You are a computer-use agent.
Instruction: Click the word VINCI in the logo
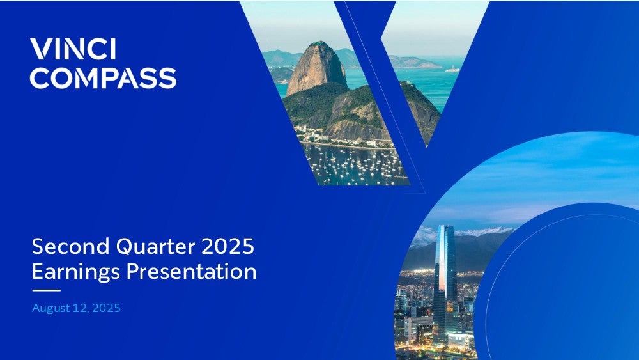73,49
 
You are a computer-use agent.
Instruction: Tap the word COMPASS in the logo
103,78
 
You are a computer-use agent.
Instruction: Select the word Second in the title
71,246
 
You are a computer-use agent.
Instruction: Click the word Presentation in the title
192,272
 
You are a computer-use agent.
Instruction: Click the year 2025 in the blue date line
106,308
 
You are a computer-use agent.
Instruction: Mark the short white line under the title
47,290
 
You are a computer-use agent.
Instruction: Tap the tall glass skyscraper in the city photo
445,281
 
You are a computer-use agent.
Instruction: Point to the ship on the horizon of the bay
452,69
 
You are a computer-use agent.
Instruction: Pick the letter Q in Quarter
125,247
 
